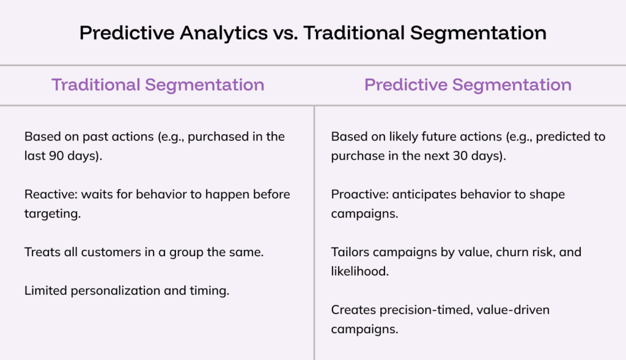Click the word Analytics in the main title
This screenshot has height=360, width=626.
[224, 34]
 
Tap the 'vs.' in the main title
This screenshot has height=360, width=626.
[285, 34]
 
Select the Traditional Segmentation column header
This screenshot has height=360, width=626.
[158, 85]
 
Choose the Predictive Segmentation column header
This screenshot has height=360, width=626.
[468, 85]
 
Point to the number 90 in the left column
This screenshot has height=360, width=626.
[56, 156]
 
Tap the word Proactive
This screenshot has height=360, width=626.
[359, 194]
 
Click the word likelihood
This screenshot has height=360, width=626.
[359, 271]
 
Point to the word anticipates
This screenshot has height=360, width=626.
[424, 195]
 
